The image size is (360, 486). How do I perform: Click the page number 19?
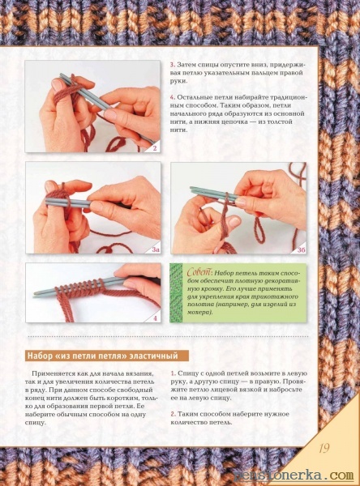pyautogui.click(x=324, y=448)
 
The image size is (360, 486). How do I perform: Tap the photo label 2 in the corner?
pyautogui.click(x=155, y=148)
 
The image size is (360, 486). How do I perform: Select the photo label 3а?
pyautogui.click(x=154, y=249)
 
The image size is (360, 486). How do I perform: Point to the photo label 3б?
pyautogui.click(x=301, y=250)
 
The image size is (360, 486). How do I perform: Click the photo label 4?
pyautogui.click(x=155, y=318)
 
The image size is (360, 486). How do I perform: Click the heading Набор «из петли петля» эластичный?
pyautogui.click(x=103, y=356)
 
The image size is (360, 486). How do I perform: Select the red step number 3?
pyautogui.click(x=172, y=65)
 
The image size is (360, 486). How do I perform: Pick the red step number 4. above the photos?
pyautogui.click(x=173, y=97)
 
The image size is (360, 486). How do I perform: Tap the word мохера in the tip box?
pyautogui.click(x=199, y=313)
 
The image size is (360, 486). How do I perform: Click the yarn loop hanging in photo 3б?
pyautogui.click(x=259, y=230)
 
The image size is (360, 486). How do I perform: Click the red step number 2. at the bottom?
pyautogui.click(x=173, y=414)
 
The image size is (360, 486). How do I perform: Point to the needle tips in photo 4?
pyautogui.click(x=38, y=294)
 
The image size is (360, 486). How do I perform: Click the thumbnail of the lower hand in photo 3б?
pyautogui.click(x=234, y=221)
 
